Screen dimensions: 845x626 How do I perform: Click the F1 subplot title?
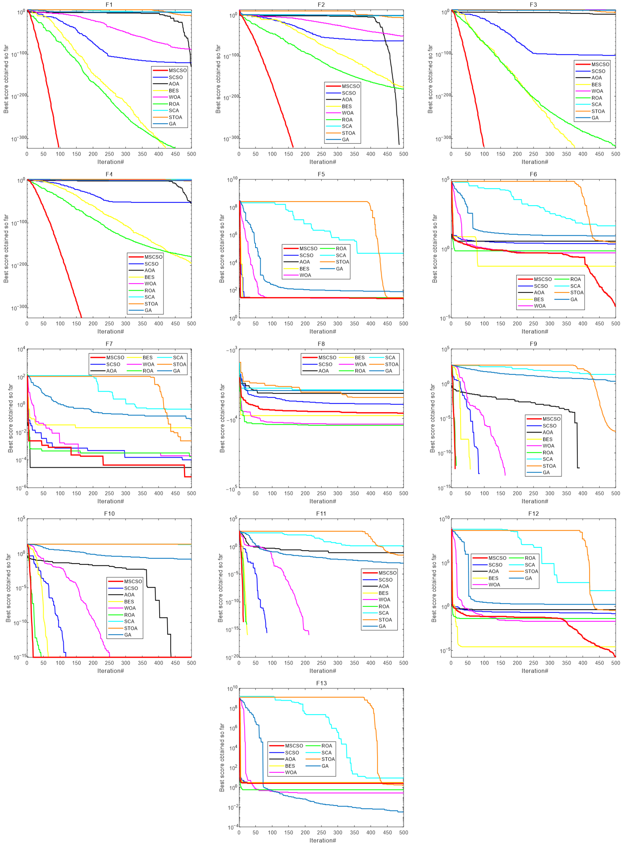coord(109,4)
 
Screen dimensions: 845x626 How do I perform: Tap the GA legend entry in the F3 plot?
coord(595,118)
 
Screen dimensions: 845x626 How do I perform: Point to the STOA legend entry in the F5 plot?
coord(342,262)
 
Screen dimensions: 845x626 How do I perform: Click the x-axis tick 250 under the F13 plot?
coord(321,832)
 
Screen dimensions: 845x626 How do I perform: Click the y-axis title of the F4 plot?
coord(6,249)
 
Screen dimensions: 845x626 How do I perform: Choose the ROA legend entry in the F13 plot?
coord(327,746)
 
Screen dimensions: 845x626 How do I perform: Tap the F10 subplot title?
coord(109,513)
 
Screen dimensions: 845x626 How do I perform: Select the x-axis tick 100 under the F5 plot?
coord(272,324)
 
